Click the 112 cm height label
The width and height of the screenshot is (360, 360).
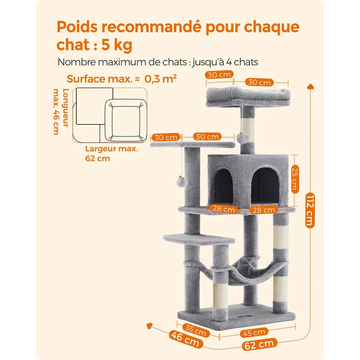click(x=310, y=211)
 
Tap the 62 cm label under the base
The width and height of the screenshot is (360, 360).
click(x=260, y=344)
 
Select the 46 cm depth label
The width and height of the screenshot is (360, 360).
click(x=185, y=339)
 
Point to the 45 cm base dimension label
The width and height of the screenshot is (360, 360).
click(x=254, y=333)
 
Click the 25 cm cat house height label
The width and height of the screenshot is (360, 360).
click(x=295, y=179)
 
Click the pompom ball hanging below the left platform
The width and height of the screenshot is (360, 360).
click(x=182, y=182)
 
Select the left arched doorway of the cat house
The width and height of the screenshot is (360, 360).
click(x=222, y=185)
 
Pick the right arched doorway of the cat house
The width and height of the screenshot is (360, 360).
click(x=265, y=185)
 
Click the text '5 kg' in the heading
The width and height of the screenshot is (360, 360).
click(x=117, y=45)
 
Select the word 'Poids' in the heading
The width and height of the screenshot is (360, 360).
click(x=77, y=27)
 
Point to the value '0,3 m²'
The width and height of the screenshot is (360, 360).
click(x=161, y=79)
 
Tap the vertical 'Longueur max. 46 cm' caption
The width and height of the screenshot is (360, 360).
click(x=61, y=111)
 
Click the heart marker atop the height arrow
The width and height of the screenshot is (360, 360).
click(x=310, y=86)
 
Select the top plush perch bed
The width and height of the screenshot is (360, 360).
click(x=248, y=96)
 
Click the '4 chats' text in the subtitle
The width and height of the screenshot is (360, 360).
click(x=242, y=62)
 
